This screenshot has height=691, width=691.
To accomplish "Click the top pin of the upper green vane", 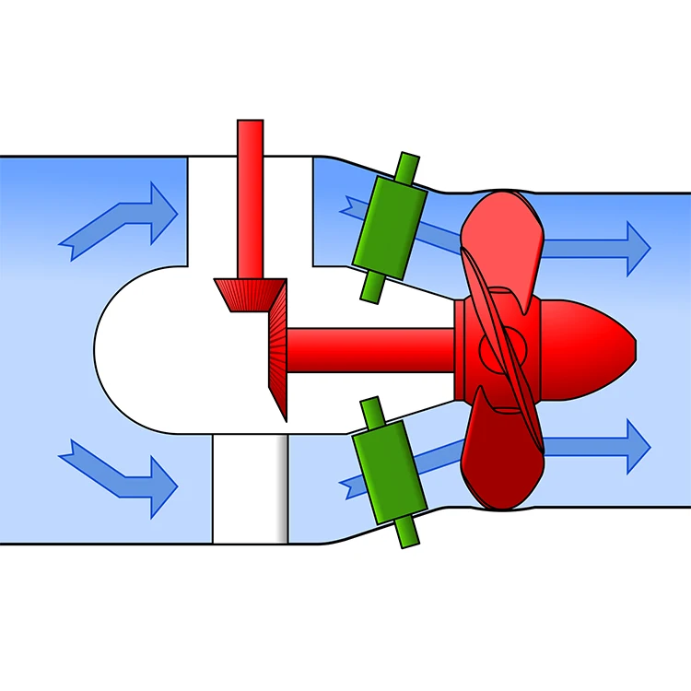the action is tap(406, 166).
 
